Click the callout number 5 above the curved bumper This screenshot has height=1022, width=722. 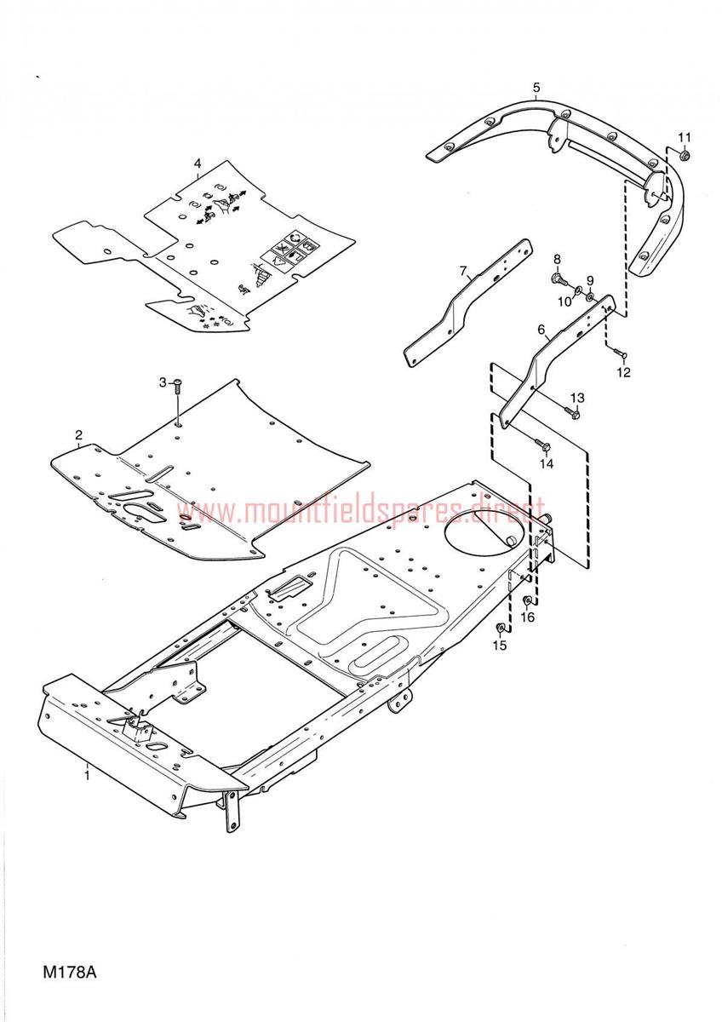pos(536,87)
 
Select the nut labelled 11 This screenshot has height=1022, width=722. pos(685,156)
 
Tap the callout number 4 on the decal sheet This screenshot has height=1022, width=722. pos(197,164)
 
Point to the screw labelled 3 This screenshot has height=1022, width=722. pos(177,386)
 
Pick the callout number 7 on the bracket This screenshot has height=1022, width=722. pos(463,272)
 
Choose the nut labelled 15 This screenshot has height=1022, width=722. pos(501,629)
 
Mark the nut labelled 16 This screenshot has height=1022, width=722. pos(526,600)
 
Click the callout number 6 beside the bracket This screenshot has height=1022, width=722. pos(541,329)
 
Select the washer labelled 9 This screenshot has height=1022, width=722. pos(589,297)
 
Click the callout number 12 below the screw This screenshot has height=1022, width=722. pos(623,372)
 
